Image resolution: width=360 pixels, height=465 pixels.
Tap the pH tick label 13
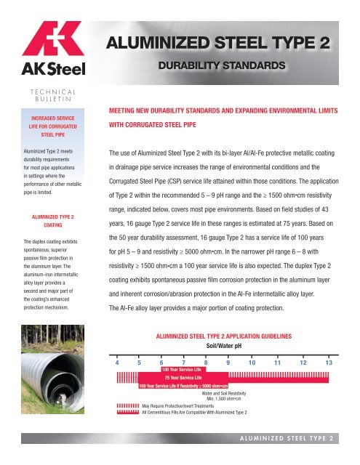[329, 362]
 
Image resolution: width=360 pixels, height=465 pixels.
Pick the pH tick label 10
[252, 362]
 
